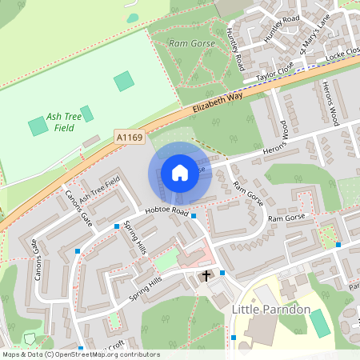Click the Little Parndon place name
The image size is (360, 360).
tap(270, 309)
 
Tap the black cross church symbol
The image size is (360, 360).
tap(206, 276)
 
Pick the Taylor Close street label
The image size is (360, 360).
tap(276, 73)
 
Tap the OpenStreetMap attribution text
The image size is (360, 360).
tap(80, 354)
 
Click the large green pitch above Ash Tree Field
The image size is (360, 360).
tap(124, 81)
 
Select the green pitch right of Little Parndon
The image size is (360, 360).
tap(319, 323)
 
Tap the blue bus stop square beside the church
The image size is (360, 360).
tap(222, 273)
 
